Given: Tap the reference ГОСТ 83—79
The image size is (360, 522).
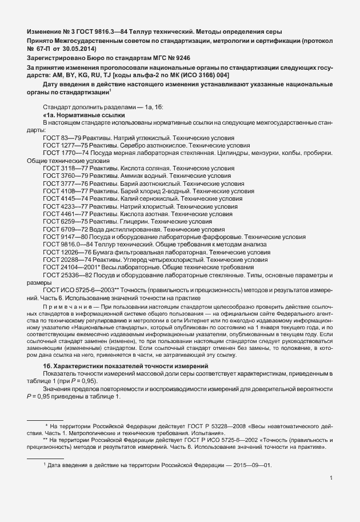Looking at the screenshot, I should pyautogui.click(x=62, y=139).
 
